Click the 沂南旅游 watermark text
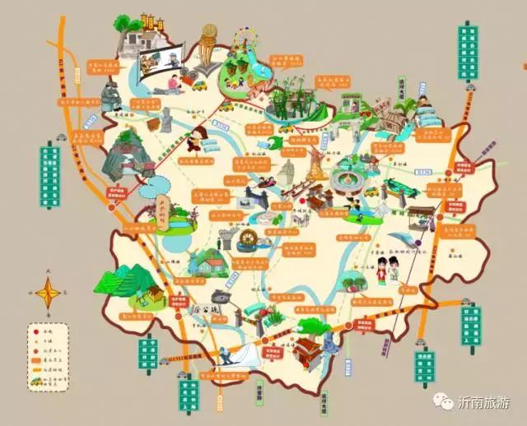486,402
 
